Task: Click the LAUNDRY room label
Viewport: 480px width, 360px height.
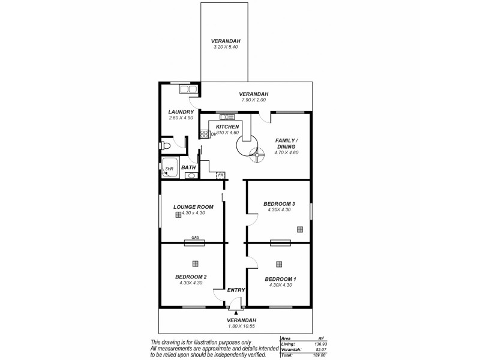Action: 181,112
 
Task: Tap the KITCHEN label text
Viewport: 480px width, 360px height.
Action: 227,127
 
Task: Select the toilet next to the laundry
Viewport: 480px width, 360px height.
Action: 166,146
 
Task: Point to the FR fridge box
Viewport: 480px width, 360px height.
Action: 221,175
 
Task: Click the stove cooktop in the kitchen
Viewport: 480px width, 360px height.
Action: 204,133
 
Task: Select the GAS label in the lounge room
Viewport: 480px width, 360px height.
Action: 195,238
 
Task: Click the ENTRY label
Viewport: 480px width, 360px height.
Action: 236,290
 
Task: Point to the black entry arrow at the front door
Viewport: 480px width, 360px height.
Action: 236,312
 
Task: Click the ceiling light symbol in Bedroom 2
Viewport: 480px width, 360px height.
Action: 195,263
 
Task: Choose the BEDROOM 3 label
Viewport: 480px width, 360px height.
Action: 279,204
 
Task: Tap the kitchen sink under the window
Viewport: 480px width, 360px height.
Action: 226,116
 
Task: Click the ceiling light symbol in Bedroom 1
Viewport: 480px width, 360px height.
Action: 279,264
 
